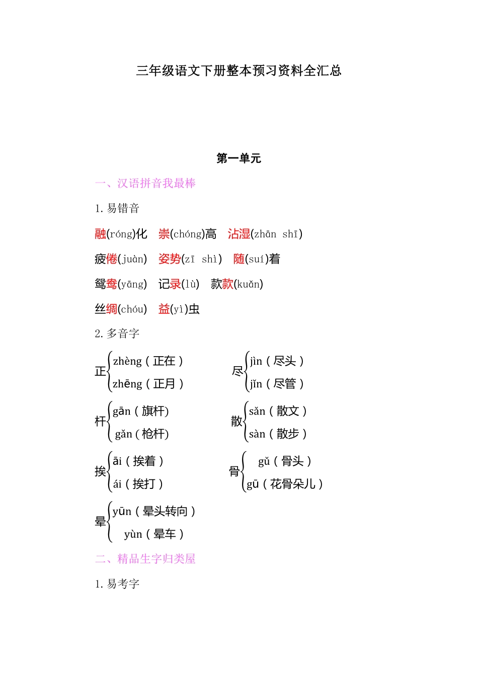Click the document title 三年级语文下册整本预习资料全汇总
click(x=238, y=70)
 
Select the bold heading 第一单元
click(x=238, y=158)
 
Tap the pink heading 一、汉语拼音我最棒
click(x=145, y=183)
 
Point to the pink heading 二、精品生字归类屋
click(x=145, y=559)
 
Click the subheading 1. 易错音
click(x=117, y=208)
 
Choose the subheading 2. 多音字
click(x=117, y=333)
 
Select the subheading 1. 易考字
click(x=117, y=584)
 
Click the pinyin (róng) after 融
click(x=121, y=234)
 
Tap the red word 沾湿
click(x=239, y=234)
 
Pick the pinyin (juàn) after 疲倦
click(x=132, y=259)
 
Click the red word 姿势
click(x=170, y=259)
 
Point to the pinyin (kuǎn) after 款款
click(x=249, y=284)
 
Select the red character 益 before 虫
click(x=164, y=309)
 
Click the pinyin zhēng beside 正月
click(x=127, y=384)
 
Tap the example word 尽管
click(x=284, y=384)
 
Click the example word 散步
click(x=288, y=434)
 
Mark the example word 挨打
click(x=144, y=484)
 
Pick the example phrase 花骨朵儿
click(x=293, y=484)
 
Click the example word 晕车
click(x=165, y=534)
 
